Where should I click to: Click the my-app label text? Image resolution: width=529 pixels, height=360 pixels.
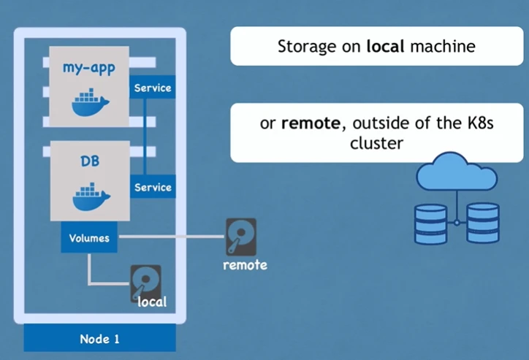tap(90, 71)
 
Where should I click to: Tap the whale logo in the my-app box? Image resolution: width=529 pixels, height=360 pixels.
tap(90, 102)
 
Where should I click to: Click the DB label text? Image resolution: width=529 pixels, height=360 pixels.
tap(90, 162)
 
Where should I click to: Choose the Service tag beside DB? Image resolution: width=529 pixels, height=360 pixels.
tap(153, 188)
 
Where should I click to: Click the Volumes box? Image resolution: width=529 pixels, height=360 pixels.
tap(89, 238)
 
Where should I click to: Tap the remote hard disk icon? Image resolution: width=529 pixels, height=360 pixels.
tap(240, 236)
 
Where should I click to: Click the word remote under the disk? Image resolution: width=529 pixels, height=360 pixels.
tap(245, 264)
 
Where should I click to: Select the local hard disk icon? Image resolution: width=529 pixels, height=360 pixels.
tap(146, 281)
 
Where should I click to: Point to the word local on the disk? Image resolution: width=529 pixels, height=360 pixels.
tap(152, 301)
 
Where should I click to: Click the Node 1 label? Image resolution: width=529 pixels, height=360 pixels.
tap(99, 339)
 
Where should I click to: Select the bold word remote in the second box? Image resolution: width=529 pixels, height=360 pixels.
tap(310, 123)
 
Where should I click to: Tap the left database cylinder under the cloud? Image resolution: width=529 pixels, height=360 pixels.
tap(430, 223)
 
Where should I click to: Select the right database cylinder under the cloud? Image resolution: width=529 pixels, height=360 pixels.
tap(483, 223)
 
